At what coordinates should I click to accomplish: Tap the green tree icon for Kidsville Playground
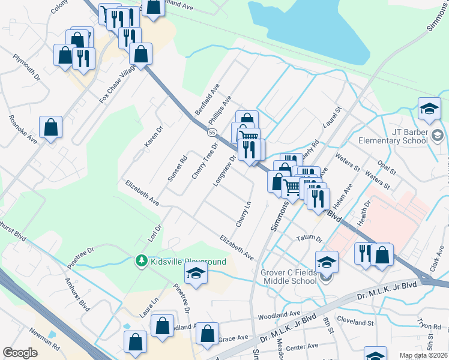pyautogui.click(x=141, y=260)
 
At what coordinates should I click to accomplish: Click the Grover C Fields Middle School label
pyautogui.click(x=288, y=277)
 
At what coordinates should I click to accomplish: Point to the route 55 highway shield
pyautogui.click(x=212, y=132)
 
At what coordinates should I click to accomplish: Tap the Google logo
pyautogui.click(x=20, y=353)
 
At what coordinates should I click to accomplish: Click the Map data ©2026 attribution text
pyautogui.click(x=423, y=355)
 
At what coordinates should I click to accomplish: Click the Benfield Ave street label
pyautogui.click(x=205, y=104)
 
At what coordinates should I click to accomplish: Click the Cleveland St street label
pyautogui.click(x=355, y=322)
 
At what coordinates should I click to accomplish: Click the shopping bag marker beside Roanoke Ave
pyautogui.click(x=51, y=127)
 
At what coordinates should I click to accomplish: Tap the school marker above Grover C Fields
pyautogui.click(x=327, y=262)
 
